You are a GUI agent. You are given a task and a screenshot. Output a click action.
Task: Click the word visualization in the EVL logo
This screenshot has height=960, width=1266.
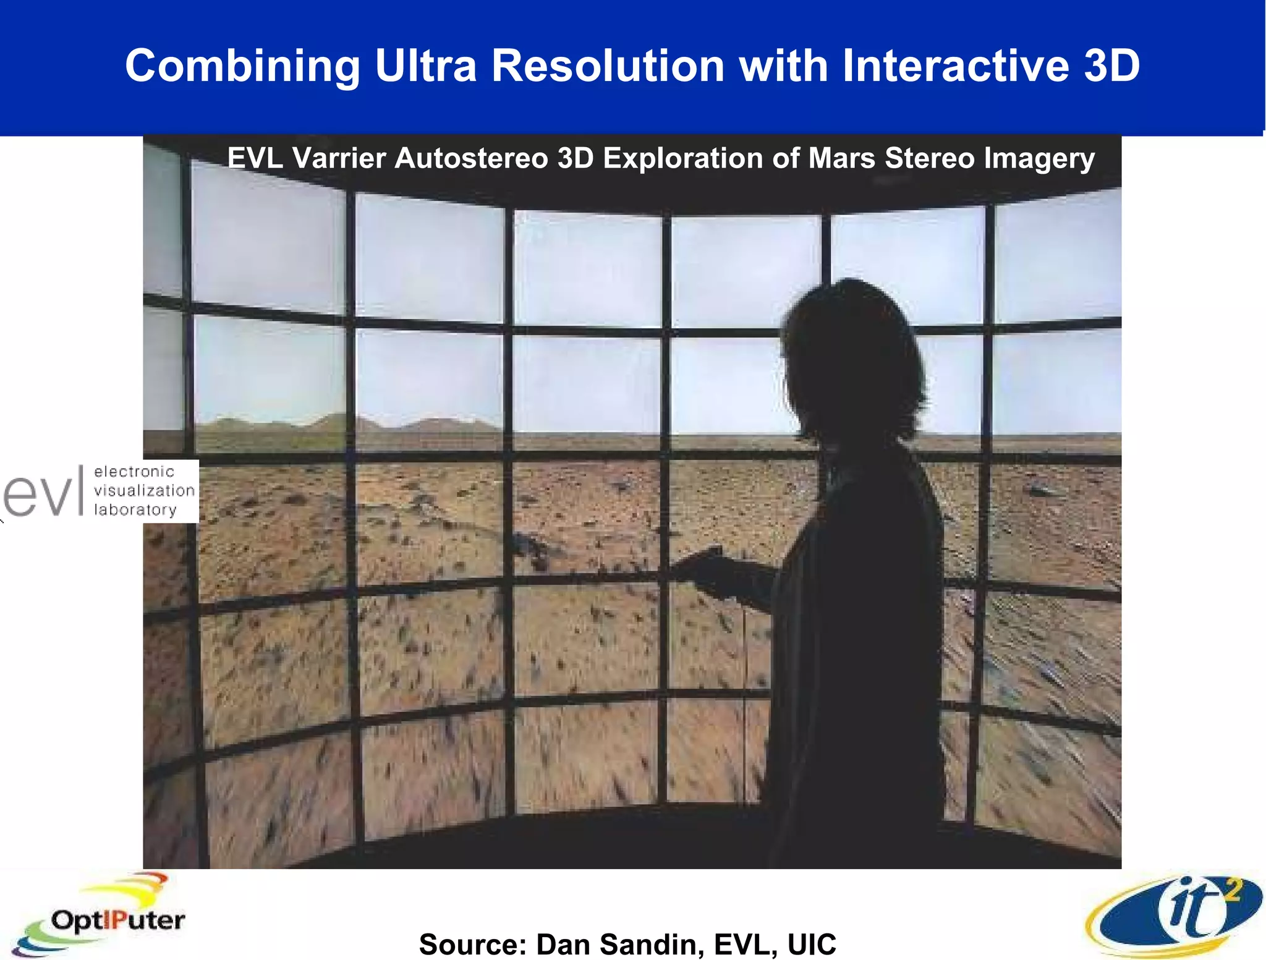point(144,491)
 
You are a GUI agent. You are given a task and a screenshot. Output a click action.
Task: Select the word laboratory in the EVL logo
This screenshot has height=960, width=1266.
point(135,510)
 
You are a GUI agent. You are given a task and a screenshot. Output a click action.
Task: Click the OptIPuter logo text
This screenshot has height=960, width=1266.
point(117,920)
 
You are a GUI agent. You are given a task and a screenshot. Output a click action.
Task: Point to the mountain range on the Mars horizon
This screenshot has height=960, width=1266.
point(346,424)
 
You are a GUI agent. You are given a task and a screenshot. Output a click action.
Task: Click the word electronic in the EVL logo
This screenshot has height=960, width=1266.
point(134,472)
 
